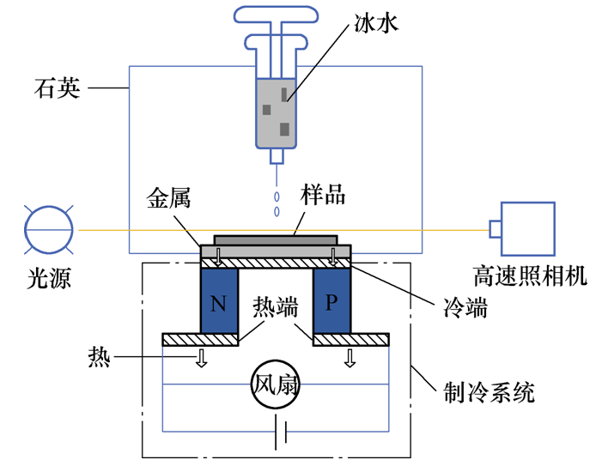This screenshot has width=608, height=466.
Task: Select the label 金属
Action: pos(168,199)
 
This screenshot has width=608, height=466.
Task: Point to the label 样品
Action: pos(323,194)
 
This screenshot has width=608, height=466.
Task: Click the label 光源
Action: pos(48,276)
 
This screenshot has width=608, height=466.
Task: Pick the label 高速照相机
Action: pos(530,275)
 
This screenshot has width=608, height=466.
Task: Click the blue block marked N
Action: pos(218,301)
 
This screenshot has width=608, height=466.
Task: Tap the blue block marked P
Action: pos(332,301)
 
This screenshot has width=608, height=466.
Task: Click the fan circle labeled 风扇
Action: pos(275,384)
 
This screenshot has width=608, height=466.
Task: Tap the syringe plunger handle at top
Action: pos(276,15)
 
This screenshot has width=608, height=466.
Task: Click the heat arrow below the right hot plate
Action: pos(350,357)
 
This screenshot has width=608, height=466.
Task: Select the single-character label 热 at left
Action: pos(99,354)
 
